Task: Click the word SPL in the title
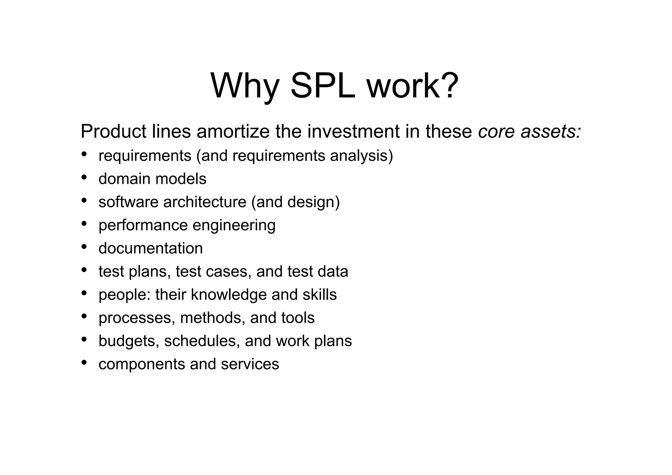pos(323,86)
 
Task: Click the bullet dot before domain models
pos(84,177)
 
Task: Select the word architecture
pos(205,202)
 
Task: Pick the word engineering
pos(234,226)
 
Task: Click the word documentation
pos(151,248)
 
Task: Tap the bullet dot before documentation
pos(84,247)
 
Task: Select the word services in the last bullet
pos(250,364)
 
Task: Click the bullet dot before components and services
pos(84,362)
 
